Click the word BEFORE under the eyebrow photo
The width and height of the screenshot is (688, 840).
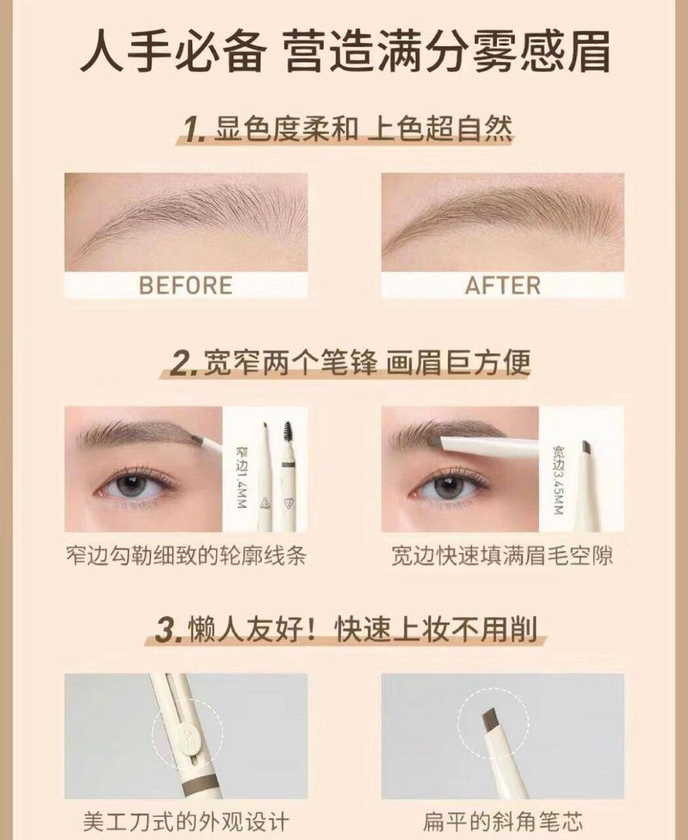(186, 285)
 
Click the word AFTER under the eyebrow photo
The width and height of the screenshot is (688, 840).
(503, 285)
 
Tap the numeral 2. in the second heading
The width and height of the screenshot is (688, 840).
(184, 364)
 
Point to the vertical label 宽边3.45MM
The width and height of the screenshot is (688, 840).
(558, 479)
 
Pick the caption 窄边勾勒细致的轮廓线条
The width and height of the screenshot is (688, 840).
(186, 555)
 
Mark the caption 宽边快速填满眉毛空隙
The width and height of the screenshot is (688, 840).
(502, 555)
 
